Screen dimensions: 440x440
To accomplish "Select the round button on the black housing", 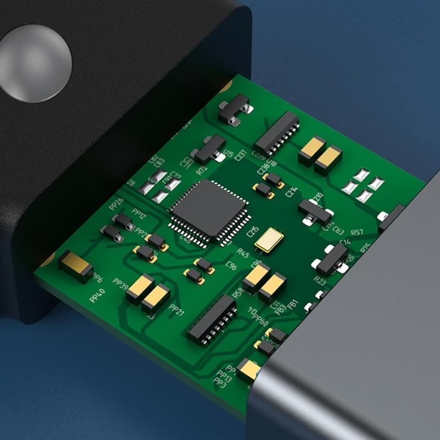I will click(x=35, y=63).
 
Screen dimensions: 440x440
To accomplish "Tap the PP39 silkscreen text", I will click(x=120, y=282).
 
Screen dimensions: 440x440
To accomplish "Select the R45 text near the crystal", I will click(x=243, y=252).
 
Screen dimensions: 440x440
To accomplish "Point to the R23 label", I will click(x=320, y=280).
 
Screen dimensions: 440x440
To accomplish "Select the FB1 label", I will click(x=293, y=303).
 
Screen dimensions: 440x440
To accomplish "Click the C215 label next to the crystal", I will click(x=252, y=232).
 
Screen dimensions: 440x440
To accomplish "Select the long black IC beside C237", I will click(x=277, y=133).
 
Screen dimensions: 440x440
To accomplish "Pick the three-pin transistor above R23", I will click(x=332, y=259).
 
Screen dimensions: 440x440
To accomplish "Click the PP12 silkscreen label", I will click(x=140, y=215).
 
